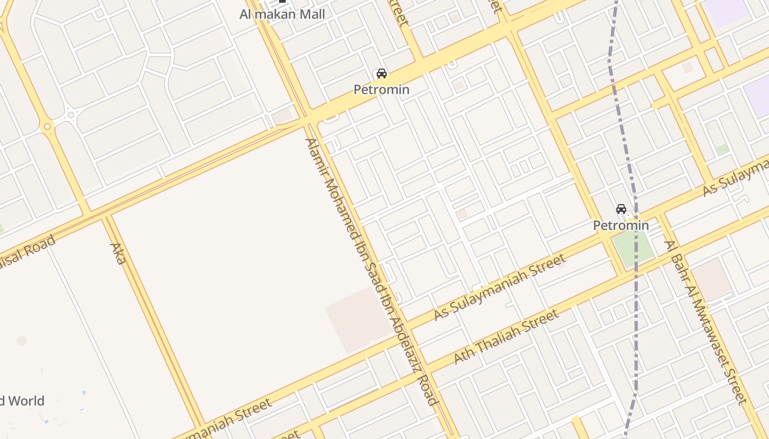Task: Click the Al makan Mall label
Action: click(282, 14)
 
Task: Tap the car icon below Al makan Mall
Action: click(381, 74)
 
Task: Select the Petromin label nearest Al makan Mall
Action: click(381, 89)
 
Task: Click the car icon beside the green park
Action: click(621, 209)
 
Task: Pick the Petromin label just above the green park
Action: click(621, 225)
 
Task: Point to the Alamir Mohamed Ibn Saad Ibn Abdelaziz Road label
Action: click(371, 271)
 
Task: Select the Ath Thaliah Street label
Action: click(506, 336)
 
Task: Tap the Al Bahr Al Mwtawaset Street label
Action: click(706, 322)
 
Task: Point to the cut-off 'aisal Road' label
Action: click(27, 256)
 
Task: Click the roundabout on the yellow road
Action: click(47, 127)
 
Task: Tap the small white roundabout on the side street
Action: click(71, 115)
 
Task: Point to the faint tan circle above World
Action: click(22, 341)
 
